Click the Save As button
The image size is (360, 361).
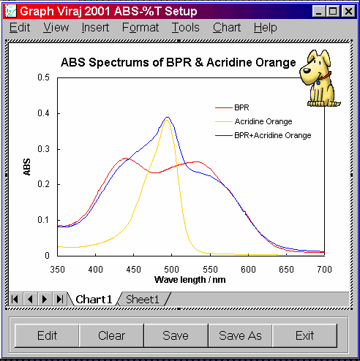pyautogui.click(x=240, y=335)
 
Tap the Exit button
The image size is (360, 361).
pyautogui.click(x=305, y=335)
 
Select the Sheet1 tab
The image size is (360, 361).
pyautogui.click(x=143, y=299)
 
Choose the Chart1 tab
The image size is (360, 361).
pyautogui.click(x=94, y=299)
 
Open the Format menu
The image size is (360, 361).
pyautogui.click(x=140, y=27)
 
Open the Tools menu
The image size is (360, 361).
pyautogui.click(x=186, y=27)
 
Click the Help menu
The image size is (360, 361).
pyautogui.click(x=266, y=27)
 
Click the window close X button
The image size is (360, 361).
pyautogui.click(x=348, y=11)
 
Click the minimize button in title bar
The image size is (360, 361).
pyautogui.click(x=319, y=11)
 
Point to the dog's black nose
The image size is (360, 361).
pyautogui.click(x=307, y=71)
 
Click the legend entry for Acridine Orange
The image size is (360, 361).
pyautogui.click(x=254, y=121)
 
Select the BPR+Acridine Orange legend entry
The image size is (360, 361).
pyautogui.click(x=263, y=135)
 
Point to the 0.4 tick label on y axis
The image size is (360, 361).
pyautogui.click(x=43, y=113)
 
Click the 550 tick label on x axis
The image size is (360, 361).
pyautogui.click(x=210, y=270)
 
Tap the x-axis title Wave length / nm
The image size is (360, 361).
pyautogui.click(x=190, y=280)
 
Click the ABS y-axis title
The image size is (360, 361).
pyautogui.click(x=27, y=167)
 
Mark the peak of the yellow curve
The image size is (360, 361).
pyautogui.click(x=167, y=120)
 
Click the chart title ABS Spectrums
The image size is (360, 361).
pyautogui.click(x=179, y=62)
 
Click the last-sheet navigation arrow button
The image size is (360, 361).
pyautogui.click(x=60, y=299)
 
